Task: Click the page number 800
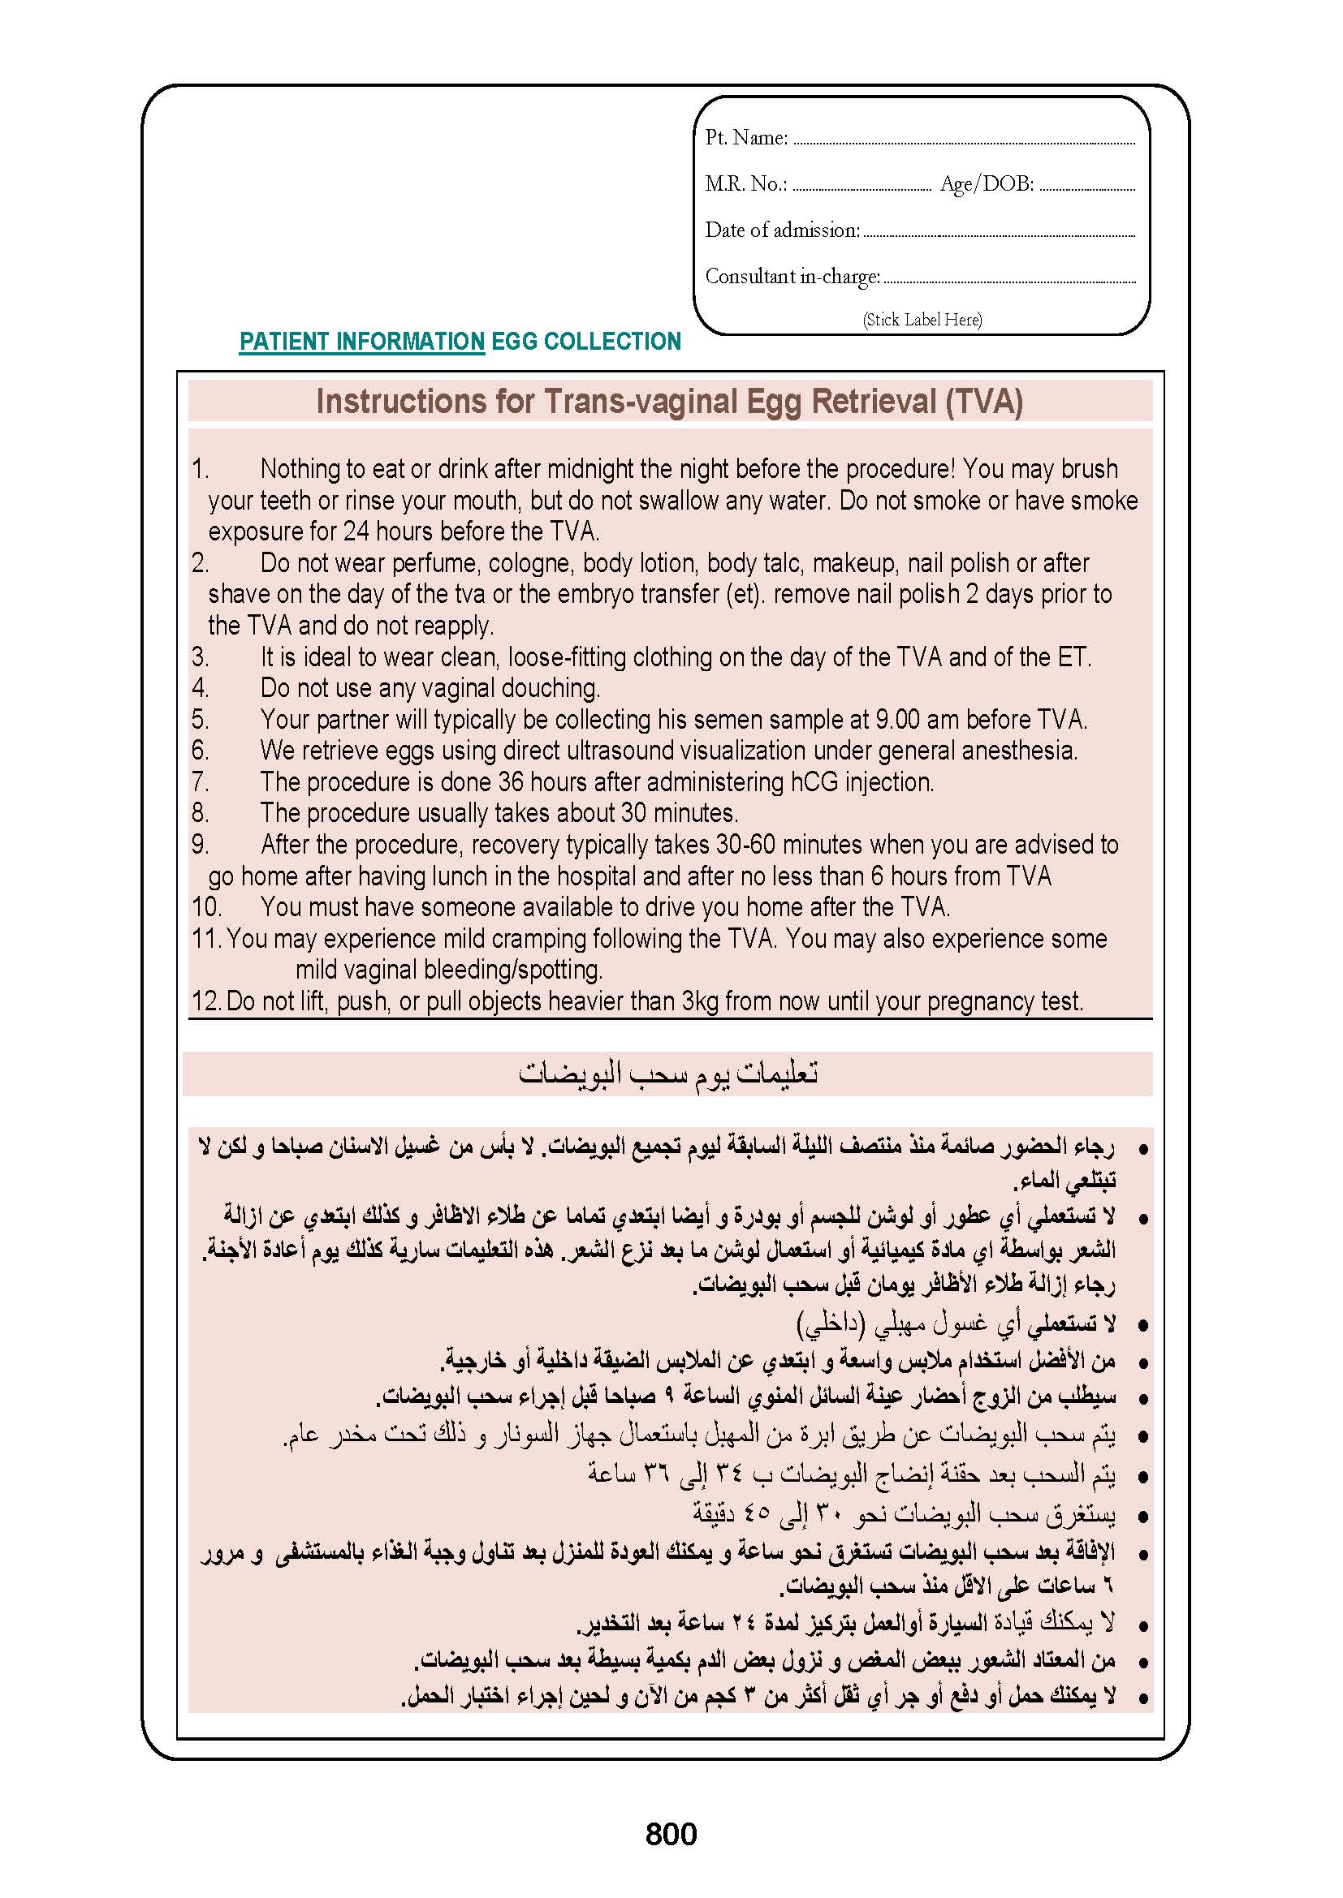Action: tap(671, 1834)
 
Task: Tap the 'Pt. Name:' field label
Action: tap(746, 137)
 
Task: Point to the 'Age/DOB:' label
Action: tap(987, 183)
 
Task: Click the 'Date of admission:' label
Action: tap(782, 230)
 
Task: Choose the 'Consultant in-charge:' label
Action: tap(792, 276)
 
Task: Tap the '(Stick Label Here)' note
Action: tap(922, 320)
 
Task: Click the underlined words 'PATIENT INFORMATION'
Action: tap(361, 342)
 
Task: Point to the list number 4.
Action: tap(200, 688)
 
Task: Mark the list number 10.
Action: tap(206, 907)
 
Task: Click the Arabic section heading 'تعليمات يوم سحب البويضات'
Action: tap(668, 1073)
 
